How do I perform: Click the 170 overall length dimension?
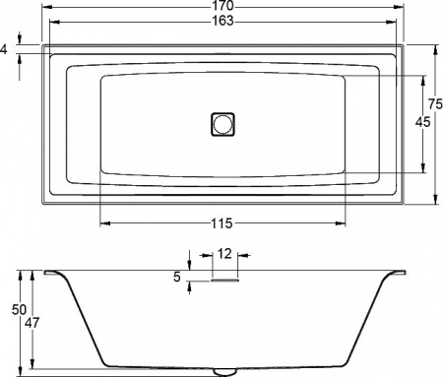click(x=222, y=6)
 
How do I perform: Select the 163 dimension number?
click(x=222, y=22)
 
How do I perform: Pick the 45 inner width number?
click(x=422, y=122)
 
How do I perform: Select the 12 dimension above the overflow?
click(x=224, y=254)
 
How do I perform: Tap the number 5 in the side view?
click(x=177, y=278)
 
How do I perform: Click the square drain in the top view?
click(x=223, y=123)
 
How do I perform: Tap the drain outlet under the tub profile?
click(x=224, y=371)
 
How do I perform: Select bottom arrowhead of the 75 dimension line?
click(x=434, y=200)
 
